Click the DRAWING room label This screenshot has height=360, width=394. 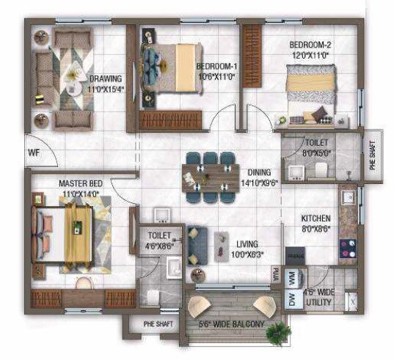pos(105,79)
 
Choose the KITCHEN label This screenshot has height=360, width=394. pos(315,218)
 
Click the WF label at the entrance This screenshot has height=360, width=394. pos(33,153)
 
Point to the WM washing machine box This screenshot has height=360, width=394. pos(294,278)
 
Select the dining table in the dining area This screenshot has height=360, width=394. pos(211,177)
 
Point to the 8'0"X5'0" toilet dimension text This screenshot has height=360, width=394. pos(317,153)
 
